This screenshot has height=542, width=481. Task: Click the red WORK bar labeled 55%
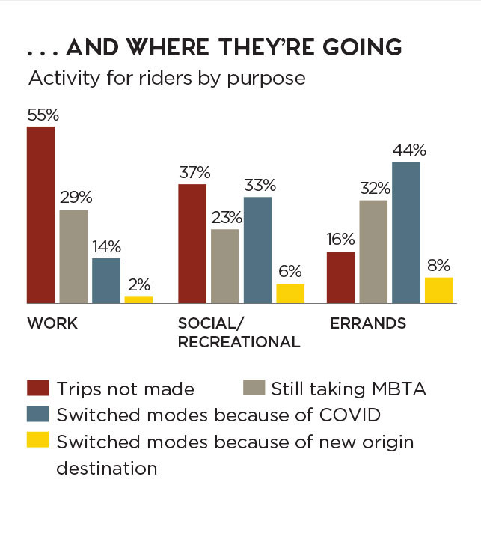click(40, 215)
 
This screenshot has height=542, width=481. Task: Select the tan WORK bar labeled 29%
click(73, 257)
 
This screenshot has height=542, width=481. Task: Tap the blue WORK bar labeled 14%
click(105, 281)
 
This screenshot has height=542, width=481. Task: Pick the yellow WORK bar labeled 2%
click(138, 299)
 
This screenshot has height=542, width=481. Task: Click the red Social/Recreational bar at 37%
click(192, 243)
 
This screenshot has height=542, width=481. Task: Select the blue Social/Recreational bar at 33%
click(257, 250)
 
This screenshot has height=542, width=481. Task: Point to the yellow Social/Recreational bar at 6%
click(290, 293)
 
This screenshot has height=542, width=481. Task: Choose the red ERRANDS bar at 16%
click(341, 277)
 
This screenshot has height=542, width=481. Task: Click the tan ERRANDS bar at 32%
click(374, 252)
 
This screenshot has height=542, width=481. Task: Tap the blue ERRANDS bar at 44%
click(406, 232)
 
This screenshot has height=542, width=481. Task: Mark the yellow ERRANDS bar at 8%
click(439, 290)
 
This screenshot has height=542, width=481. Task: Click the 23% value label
click(225, 218)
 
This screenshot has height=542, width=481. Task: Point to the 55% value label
click(43, 115)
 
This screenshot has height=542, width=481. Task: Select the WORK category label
click(52, 323)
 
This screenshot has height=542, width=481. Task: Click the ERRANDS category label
click(368, 323)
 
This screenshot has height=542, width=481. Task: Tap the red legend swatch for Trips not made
click(37, 389)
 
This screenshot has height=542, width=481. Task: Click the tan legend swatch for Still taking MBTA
click(253, 389)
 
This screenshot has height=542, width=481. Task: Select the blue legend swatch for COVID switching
click(37, 415)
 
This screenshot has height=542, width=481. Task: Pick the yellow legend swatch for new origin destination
click(37, 441)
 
